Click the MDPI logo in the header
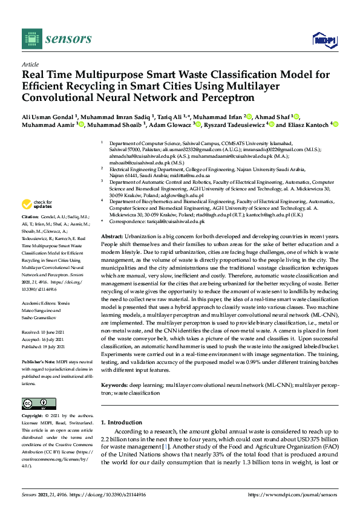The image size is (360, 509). point(323,39)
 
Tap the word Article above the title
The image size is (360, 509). point(30,63)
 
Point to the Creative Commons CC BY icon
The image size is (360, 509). point(34,403)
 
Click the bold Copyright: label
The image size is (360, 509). point(33,416)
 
